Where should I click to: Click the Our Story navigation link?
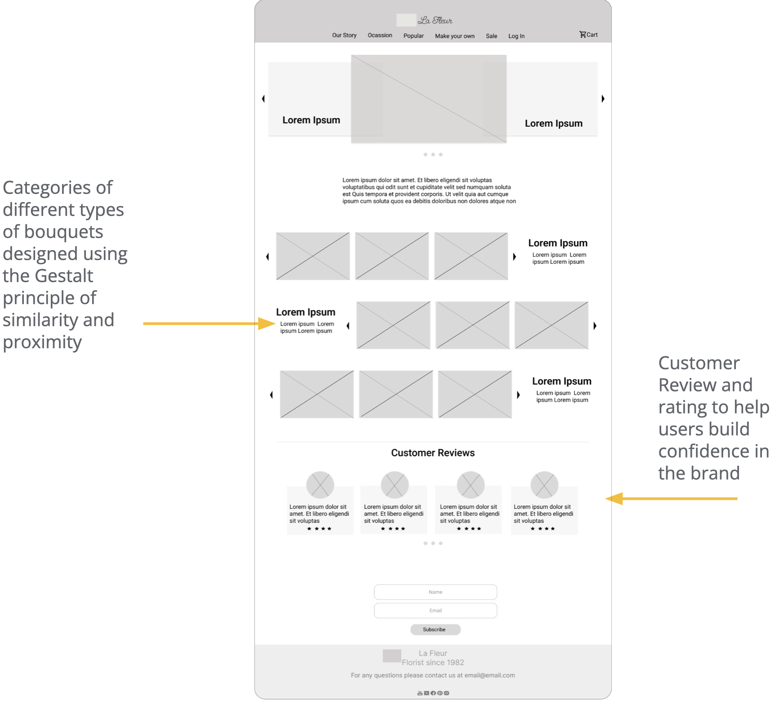[344, 35]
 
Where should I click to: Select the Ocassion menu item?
[380, 35]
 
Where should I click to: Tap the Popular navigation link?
[413, 36]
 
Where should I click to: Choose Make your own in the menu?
[454, 36]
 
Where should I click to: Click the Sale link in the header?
[491, 36]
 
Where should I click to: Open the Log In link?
[516, 36]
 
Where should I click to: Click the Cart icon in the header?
[583, 34]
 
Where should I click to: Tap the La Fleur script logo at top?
[435, 20]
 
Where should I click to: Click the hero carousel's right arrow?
[603, 99]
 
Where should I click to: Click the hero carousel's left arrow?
[263, 99]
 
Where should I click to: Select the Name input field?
[435, 592]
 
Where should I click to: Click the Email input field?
[435, 610]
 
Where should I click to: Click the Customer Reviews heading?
[432, 453]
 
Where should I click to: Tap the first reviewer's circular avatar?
[320, 485]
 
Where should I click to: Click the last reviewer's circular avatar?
[544, 485]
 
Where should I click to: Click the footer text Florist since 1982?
[432, 662]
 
